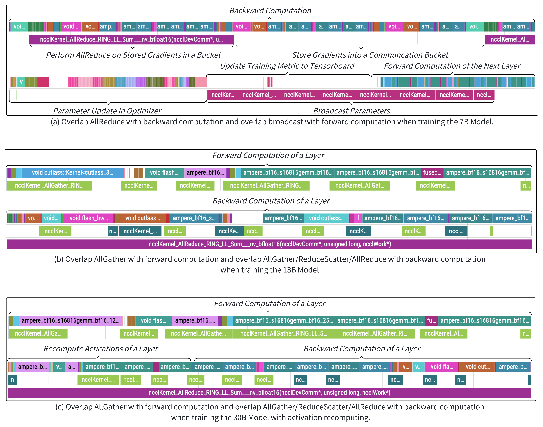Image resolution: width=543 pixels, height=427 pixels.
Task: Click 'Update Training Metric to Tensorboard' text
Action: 287,66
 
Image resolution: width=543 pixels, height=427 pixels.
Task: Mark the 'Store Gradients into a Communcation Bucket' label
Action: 370,55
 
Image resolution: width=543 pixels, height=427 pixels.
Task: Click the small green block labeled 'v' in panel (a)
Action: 21,82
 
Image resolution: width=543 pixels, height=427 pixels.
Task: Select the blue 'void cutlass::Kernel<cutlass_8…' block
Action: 73,172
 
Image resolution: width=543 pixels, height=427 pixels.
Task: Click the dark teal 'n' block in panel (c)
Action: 12,380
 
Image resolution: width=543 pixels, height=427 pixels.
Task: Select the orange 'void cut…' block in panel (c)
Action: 477,367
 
